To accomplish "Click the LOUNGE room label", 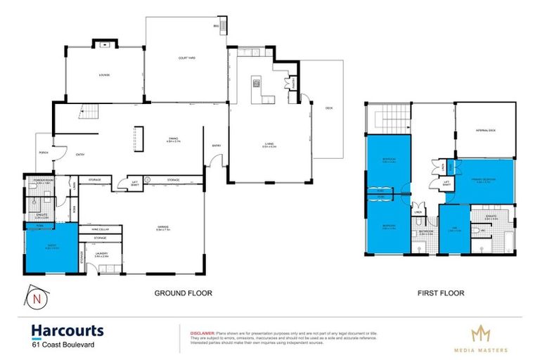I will point(104,75).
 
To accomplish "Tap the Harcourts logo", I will point(67,330).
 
